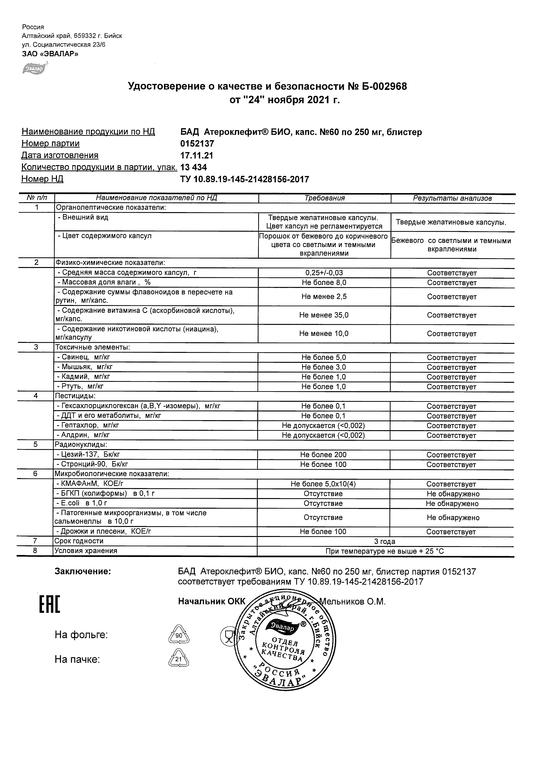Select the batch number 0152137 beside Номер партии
197,143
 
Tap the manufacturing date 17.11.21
197,155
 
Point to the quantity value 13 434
194,167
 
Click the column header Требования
324,198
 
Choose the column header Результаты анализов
452,198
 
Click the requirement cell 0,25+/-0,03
324,273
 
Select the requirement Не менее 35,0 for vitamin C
324,315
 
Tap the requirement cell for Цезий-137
323,455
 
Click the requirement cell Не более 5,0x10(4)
323,484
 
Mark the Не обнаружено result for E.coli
452,504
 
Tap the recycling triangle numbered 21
179,658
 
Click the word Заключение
83,572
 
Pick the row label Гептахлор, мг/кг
88,425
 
